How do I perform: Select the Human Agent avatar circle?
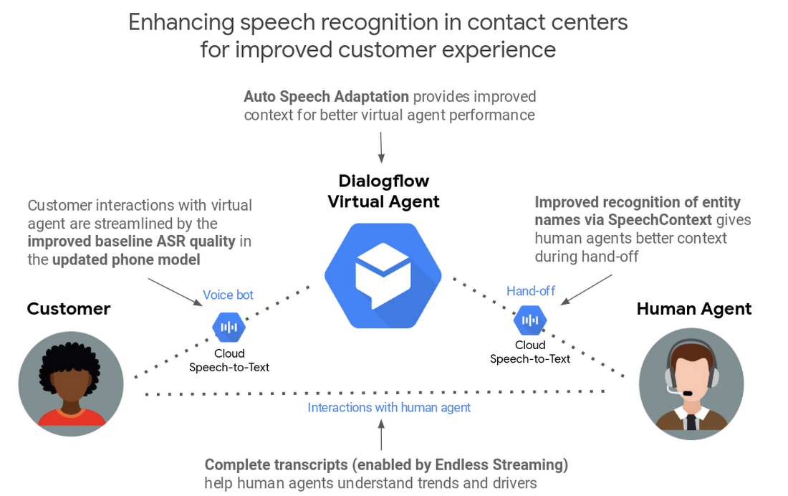click(x=691, y=380)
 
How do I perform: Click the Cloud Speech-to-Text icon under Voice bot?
click(x=229, y=328)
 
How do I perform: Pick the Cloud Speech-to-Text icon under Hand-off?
click(x=530, y=320)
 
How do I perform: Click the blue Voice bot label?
click(x=228, y=295)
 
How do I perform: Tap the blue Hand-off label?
click(x=531, y=290)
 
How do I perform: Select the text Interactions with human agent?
click(x=389, y=407)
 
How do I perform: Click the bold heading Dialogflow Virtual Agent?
click(x=383, y=191)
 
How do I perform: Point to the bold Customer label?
click(x=69, y=309)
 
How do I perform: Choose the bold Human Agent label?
click(x=693, y=309)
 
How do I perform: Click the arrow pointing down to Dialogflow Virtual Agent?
click(x=380, y=146)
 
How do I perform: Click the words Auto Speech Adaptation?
click(x=326, y=96)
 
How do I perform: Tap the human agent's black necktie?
click(x=691, y=420)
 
